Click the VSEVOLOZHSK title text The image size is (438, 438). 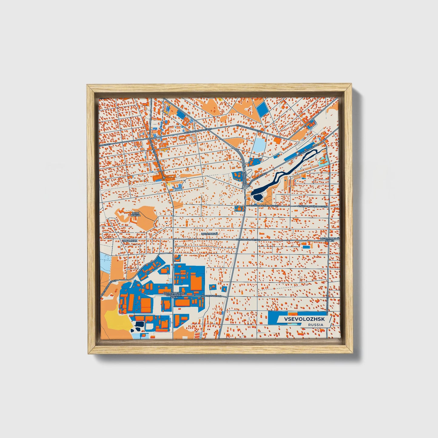[304, 319]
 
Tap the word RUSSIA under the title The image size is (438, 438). [316, 325]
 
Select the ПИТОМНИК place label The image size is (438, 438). [130, 241]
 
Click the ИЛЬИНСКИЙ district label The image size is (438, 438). [209, 234]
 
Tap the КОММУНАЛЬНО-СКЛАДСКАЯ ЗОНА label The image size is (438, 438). [173, 295]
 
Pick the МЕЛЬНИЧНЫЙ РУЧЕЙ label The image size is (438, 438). [330, 239]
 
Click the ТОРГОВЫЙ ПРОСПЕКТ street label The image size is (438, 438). [248, 239]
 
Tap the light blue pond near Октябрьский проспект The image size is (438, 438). [259, 145]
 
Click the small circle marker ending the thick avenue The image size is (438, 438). [164, 178]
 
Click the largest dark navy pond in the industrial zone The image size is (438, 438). [139, 324]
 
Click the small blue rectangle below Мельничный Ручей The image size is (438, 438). [307, 247]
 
